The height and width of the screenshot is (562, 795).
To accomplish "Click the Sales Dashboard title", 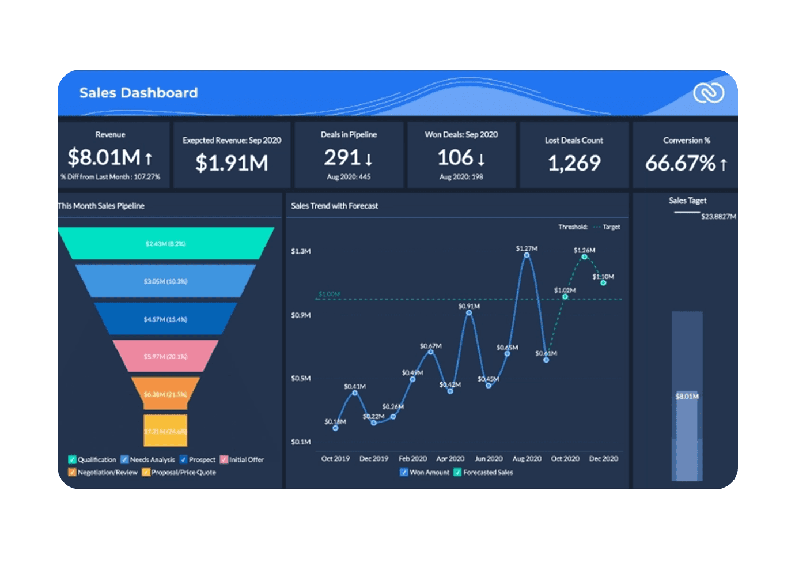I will tap(138, 93).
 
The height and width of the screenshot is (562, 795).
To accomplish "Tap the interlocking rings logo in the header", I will tap(708, 93).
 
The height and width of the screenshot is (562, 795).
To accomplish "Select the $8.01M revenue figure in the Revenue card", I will tap(104, 157).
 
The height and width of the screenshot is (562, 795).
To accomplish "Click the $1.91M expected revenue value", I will tap(232, 163).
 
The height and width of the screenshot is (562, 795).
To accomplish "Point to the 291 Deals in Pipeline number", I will tap(342, 157).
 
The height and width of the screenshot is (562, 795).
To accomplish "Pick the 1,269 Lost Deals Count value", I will tap(574, 163).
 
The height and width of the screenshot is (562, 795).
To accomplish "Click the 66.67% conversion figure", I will tap(680, 163).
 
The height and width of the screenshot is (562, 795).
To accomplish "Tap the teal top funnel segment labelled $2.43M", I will tap(165, 243).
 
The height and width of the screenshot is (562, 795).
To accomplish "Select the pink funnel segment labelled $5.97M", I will tap(165, 356).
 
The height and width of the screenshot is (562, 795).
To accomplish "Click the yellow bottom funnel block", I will tap(165, 431).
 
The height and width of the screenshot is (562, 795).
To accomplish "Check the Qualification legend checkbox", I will tap(73, 459).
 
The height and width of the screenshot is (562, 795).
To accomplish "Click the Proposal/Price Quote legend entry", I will tap(183, 472).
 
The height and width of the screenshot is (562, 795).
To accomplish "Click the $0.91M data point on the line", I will tap(469, 312).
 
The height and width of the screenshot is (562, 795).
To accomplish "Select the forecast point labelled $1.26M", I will tap(584, 257).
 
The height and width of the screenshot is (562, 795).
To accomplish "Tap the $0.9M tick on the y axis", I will tap(301, 315).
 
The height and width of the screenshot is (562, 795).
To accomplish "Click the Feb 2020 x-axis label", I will tap(412, 459).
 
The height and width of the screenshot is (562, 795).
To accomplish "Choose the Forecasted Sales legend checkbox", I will tap(457, 472).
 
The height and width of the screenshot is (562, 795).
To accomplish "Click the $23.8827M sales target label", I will tap(718, 217).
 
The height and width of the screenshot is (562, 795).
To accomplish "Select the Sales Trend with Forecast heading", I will tap(335, 206).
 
